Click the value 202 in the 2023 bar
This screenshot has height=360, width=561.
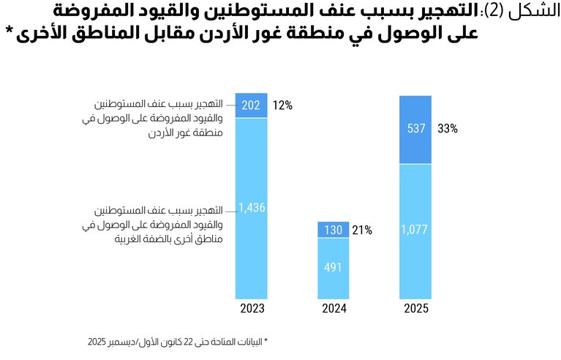tap(251, 105)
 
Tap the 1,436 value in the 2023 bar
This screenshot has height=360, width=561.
tap(251, 208)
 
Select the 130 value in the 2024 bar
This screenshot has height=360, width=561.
tap(333, 230)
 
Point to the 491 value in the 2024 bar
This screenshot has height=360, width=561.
tap(333, 267)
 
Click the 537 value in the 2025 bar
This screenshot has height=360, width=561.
tap(415, 129)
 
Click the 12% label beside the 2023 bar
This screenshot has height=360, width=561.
tap(282, 105)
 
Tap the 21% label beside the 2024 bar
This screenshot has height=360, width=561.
tap(362, 230)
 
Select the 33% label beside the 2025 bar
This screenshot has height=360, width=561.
tap(448, 129)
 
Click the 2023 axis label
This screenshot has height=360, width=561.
tap(251, 309)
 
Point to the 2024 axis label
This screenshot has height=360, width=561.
tap(334, 309)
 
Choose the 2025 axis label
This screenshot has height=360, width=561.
tap(415, 309)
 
